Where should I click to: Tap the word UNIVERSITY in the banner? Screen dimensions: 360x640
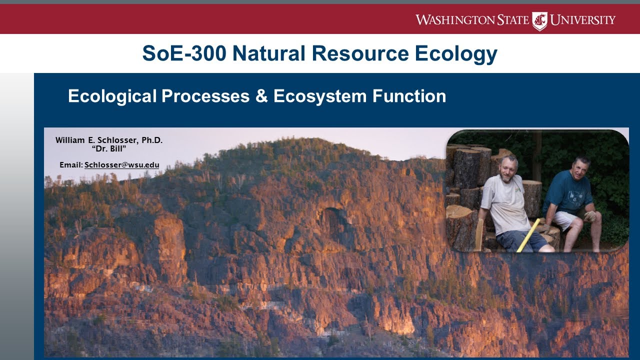tap(583, 20)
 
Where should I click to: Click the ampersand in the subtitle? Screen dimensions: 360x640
tap(261, 96)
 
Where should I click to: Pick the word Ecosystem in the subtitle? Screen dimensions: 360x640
tap(319, 96)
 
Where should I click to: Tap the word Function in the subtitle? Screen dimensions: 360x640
tap(408, 96)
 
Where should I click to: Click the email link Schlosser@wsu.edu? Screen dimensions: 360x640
tap(121, 165)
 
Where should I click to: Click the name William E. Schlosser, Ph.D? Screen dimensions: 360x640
tap(109, 140)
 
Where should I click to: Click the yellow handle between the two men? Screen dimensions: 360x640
tap(528, 235)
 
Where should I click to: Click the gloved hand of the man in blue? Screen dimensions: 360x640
tap(590, 216)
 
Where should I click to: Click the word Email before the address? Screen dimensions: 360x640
tap(70, 165)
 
